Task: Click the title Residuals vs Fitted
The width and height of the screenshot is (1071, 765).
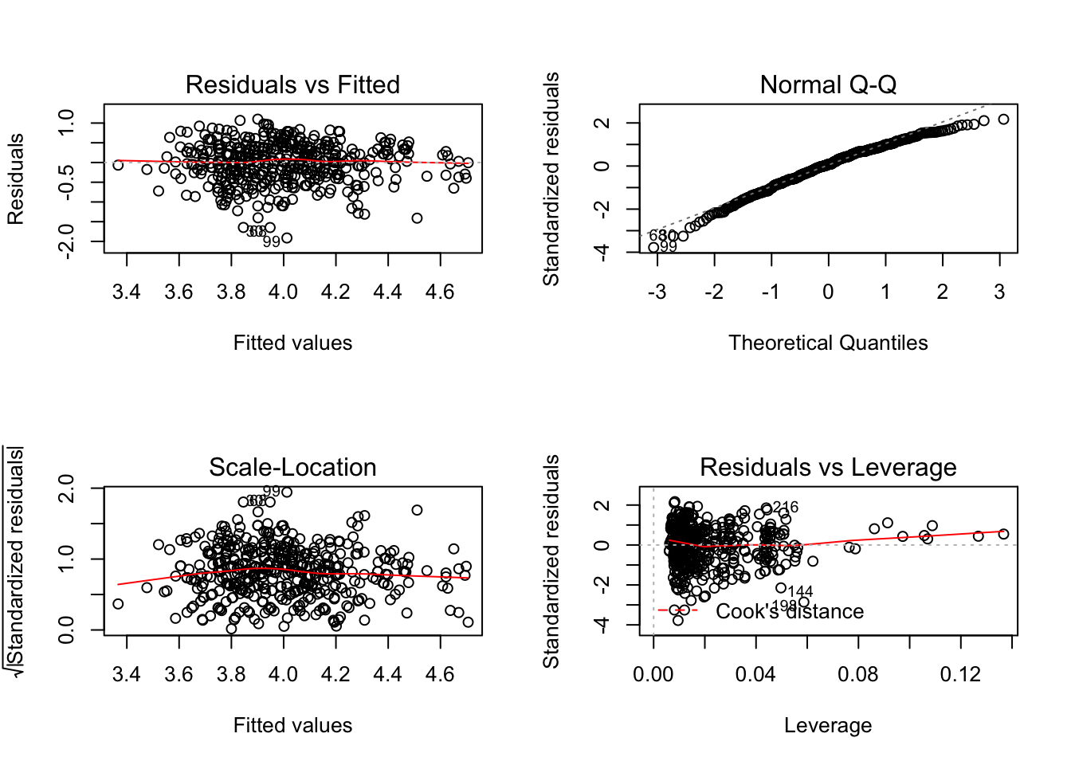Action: [x=292, y=84]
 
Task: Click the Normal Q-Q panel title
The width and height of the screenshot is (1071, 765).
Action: [x=828, y=84]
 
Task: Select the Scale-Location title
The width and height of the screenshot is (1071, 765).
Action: [x=292, y=467]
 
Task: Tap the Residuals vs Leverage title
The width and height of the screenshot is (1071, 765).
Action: [x=828, y=467]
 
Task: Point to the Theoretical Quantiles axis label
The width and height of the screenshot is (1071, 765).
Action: [x=828, y=343]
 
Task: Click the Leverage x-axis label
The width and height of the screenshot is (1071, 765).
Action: [x=828, y=725]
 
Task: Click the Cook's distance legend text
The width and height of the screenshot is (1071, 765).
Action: [x=790, y=611]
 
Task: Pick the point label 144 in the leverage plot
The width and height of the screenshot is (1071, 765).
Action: [x=800, y=591]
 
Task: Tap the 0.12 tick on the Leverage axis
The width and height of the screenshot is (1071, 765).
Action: [x=960, y=675]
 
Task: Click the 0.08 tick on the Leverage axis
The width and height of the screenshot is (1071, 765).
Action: [x=858, y=675]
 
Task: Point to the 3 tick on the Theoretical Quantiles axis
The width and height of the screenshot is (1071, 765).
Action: [x=999, y=292]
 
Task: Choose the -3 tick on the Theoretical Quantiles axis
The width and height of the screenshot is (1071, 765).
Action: [x=657, y=292]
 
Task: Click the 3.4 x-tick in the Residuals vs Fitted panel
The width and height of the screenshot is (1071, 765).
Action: [x=127, y=292]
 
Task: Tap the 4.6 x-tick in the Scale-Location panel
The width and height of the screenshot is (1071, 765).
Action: [x=440, y=675]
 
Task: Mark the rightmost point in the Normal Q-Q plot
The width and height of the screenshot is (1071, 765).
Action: [x=1003, y=120]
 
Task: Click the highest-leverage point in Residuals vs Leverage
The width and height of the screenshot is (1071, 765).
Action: [x=1003, y=534]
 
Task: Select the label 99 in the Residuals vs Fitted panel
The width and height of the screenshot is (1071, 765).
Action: [x=272, y=241]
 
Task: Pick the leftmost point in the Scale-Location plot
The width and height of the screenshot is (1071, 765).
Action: [x=118, y=604]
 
